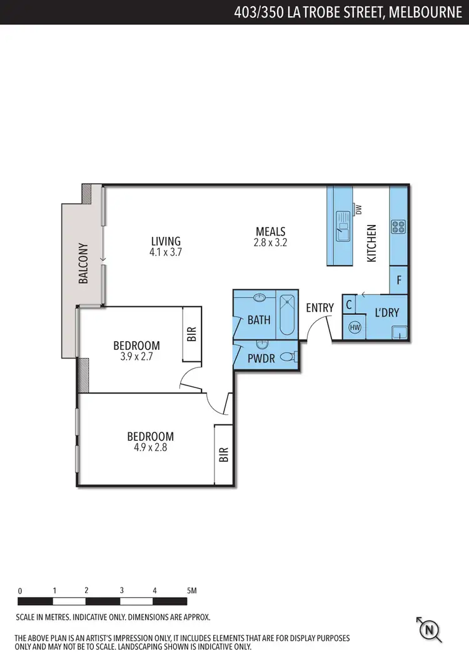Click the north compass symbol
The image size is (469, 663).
click(430, 630)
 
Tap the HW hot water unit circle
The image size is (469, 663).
click(355, 327)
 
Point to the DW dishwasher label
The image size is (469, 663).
click(359, 210)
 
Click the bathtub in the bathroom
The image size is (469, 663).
click(288, 315)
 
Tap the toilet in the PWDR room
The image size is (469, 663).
click(287, 357)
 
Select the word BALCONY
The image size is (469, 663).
click(83, 264)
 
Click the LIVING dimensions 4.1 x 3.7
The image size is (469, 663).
click(165, 252)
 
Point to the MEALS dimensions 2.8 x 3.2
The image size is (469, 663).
click(270, 243)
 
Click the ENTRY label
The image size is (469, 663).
click(320, 308)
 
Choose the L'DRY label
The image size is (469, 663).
click(386, 312)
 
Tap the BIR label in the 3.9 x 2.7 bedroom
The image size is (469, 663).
click(191, 334)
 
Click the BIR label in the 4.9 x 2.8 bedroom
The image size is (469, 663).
click(224, 454)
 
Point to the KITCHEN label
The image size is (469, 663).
click(371, 243)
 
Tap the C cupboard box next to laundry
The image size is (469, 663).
click(349, 306)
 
